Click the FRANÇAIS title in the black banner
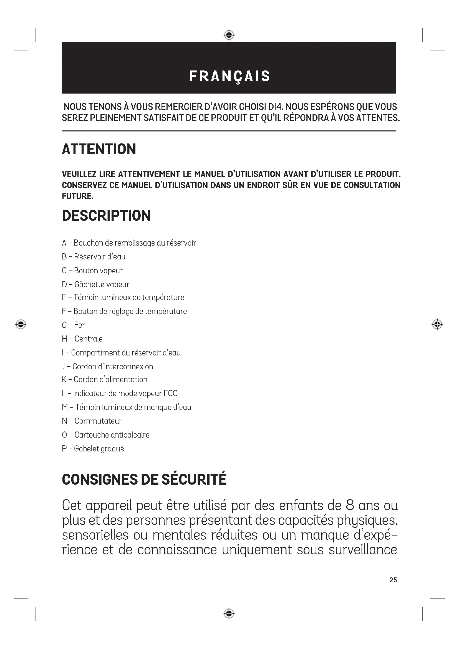[229, 76]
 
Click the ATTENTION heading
[99, 149]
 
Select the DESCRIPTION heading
[106, 216]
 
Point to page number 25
[393, 580]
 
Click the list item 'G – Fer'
[74, 325]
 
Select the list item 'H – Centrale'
[82, 339]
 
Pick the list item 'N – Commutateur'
[92, 421]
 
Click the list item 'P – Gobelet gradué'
[93, 449]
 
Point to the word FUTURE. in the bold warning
[78, 196]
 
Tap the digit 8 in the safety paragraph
[350, 505]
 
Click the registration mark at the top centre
[229, 35]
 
